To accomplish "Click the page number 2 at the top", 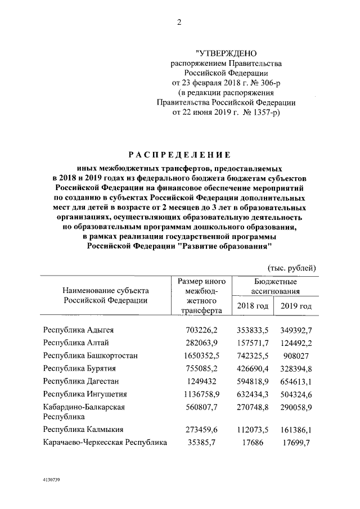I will pos(179,22).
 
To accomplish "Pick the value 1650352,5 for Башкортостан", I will pos(201,355).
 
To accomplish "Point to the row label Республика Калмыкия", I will pos(81,430).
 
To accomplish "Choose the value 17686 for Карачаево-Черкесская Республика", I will pos(253,443).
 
